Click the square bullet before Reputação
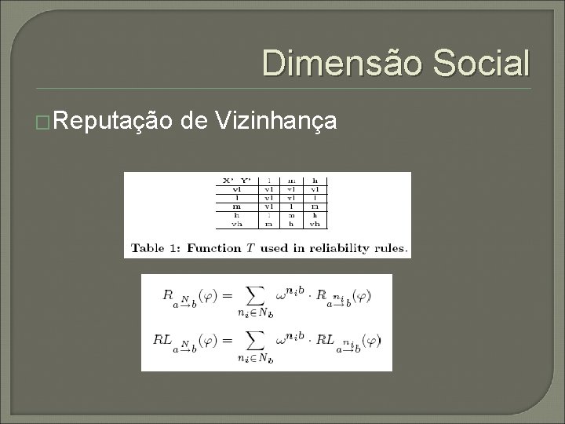pos(45,122)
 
